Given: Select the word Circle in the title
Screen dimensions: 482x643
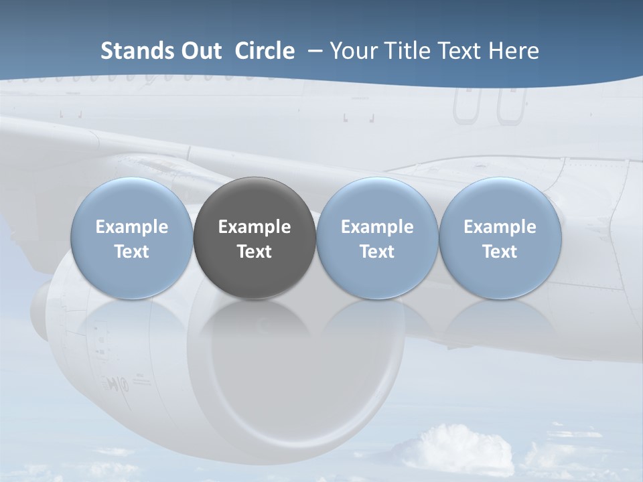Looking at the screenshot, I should tap(265, 51).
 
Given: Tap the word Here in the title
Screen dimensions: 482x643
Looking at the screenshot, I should tap(514, 51).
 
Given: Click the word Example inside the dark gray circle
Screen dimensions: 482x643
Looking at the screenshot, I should tap(255, 227).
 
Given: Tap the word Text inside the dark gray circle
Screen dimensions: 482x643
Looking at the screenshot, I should tap(255, 252).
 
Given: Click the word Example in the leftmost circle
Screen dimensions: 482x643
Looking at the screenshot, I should tap(131, 227).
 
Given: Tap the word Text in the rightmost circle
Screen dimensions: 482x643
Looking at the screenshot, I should tap(500, 252).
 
